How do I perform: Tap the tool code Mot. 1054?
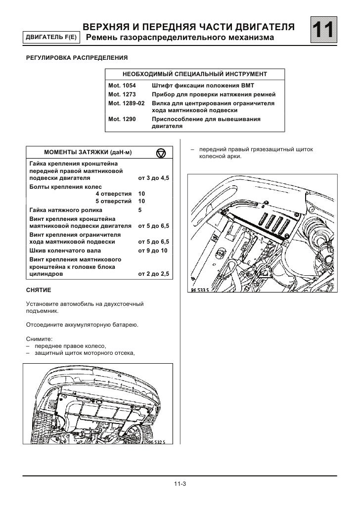122,85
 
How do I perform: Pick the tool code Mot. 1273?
122,94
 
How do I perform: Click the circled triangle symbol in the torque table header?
161,153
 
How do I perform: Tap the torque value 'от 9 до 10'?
153,251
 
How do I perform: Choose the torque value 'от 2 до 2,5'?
154,273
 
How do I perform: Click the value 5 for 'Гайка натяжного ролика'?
140,210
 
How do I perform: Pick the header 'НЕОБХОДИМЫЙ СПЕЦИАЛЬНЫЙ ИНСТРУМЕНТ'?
195,74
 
